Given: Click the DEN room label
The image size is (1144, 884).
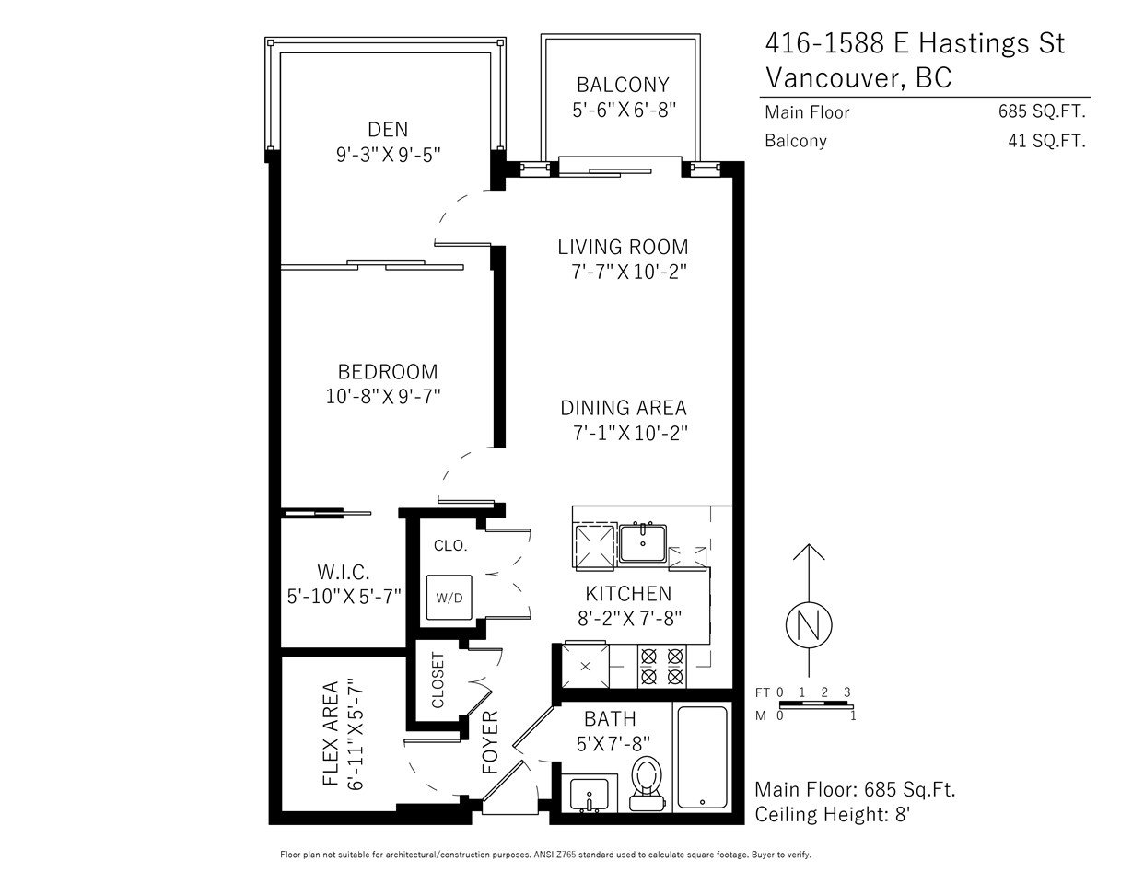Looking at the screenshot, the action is (388, 130).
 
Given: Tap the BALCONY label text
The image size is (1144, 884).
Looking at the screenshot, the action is (623, 85).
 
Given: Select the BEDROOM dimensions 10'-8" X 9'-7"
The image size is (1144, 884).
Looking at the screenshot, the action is (383, 396).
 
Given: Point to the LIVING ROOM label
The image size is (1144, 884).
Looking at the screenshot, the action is (623, 247).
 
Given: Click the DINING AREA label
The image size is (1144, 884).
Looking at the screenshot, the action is (624, 408).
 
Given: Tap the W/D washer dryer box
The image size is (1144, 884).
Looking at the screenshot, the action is (449, 598).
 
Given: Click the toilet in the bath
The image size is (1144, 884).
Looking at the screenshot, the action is (647, 784).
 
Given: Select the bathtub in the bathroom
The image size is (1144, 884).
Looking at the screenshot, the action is (702, 758).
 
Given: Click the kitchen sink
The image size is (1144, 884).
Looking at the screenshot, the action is (642, 542).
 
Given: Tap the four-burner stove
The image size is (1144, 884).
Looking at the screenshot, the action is (661, 666).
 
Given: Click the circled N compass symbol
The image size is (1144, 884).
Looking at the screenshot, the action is (809, 625).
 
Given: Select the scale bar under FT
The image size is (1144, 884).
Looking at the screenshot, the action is (816, 704).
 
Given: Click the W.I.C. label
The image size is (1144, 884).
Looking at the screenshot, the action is (343, 572).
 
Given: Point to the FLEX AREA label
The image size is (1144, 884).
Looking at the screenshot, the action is (331, 734).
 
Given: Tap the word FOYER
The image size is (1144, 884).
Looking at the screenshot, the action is (490, 742).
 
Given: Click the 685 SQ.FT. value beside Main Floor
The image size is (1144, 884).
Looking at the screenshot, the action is (1042, 111).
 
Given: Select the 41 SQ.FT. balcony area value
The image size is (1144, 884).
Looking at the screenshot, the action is (1046, 141).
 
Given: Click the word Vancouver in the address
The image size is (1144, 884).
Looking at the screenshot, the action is (834, 78).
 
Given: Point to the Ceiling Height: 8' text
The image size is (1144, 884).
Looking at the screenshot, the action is (833, 815).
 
